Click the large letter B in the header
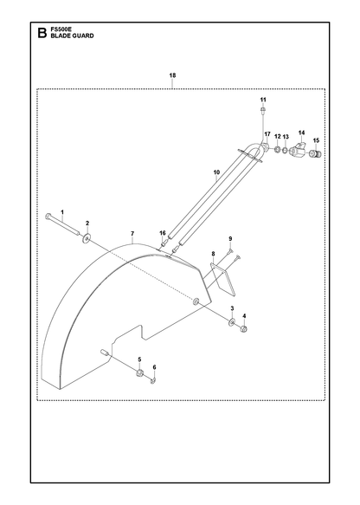[x=42, y=33]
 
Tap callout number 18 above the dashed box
[x=172, y=75]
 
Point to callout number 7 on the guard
[x=132, y=234]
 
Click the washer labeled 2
[x=87, y=238]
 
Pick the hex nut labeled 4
[x=244, y=329]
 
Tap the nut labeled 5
[x=139, y=373]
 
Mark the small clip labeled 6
[x=153, y=381]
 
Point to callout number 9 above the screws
[x=230, y=239]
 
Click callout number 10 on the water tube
[x=216, y=172]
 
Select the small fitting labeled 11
[x=263, y=111]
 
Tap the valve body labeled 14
[x=299, y=150]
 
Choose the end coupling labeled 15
[x=315, y=154]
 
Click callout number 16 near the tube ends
[x=163, y=233]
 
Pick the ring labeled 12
[x=277, y=150]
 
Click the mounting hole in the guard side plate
[x=196, y=302]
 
